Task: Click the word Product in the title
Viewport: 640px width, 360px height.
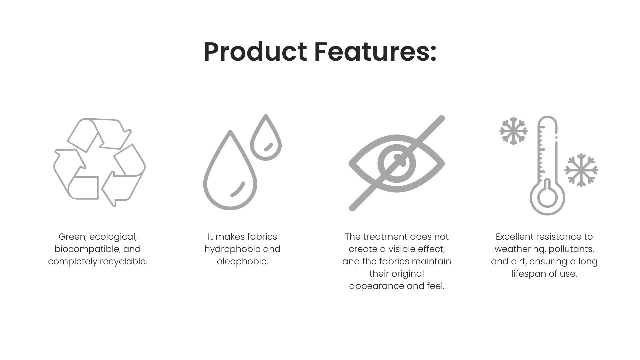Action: point(255,52)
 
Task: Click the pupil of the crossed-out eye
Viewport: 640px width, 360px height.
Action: point(397,163)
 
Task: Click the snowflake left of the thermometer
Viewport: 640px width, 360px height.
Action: point(513,131)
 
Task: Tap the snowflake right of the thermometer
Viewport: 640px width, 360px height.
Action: point(581,170)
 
